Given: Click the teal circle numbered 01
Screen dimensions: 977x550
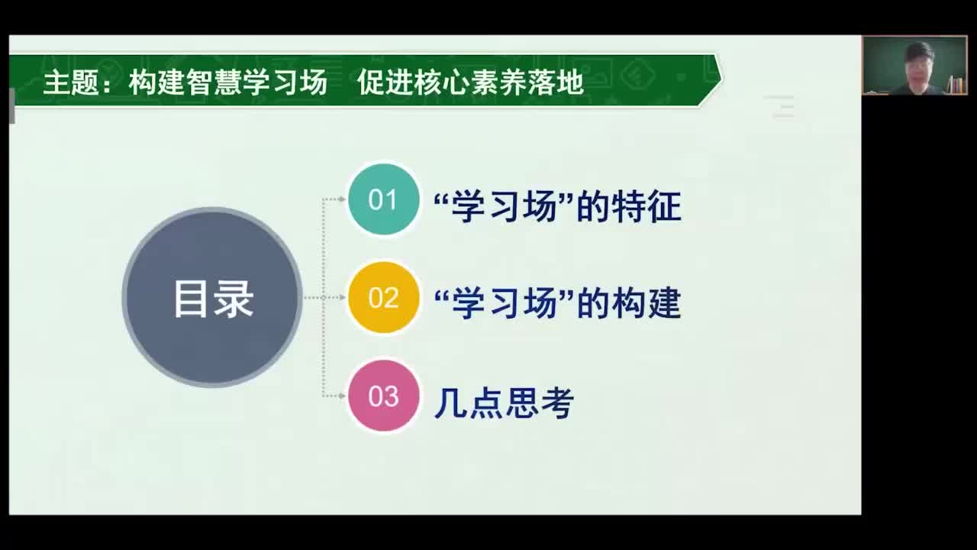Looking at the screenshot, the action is pyautogui.click(x=383, y=199).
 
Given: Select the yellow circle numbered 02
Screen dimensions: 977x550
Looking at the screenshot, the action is pyautogui.click(x=383, y=297).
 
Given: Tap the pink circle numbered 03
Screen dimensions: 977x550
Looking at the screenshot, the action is pyautogui.click(x=383, y=396).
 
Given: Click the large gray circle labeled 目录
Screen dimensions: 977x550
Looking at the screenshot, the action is pyautogui.click(x=212, y=297).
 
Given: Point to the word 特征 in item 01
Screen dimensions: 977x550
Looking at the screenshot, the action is pyautogui.click(x=646, y=207).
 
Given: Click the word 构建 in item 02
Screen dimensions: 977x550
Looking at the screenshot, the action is pyautogui.click(x=646, y=303).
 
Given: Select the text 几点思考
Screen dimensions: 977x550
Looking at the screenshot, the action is pyautogui.click(x=504, y=403).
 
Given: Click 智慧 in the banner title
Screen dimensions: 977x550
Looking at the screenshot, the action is pyautogui.click(x=214, y=82).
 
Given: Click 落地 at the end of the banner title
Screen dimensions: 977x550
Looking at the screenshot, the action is pyautogui.click(x=556, y=82).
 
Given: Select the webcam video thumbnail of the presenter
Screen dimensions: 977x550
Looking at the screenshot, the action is pyautogui.click(x=914, y=65).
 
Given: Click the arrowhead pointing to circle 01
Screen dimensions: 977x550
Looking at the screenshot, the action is pyautogui.click(x=342, y=199).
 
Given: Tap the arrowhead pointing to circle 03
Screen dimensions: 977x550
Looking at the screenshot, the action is pyautogui.click(x=342, y=396).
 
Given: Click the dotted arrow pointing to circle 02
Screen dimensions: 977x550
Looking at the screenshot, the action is pyautogui.click(x=325, y=297).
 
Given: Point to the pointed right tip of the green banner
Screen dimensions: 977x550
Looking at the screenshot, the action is pyautogui.click(x=722, y=79).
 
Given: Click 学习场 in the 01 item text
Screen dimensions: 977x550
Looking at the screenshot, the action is pyautogui.click(x=504, y=207).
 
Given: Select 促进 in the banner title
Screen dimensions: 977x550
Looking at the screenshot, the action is pyautogui.click(x=385, y=82).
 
